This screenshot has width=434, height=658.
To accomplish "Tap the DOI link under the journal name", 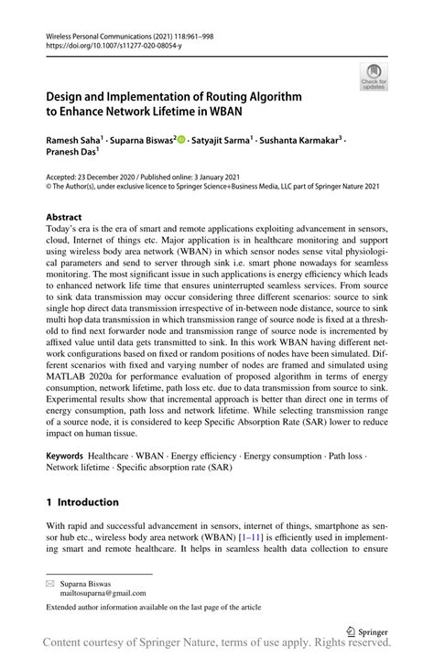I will tap(110, 42).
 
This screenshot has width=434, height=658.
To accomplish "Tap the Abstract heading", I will tap(63, 217).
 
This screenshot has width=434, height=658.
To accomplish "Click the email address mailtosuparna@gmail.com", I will tap(99, 592).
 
